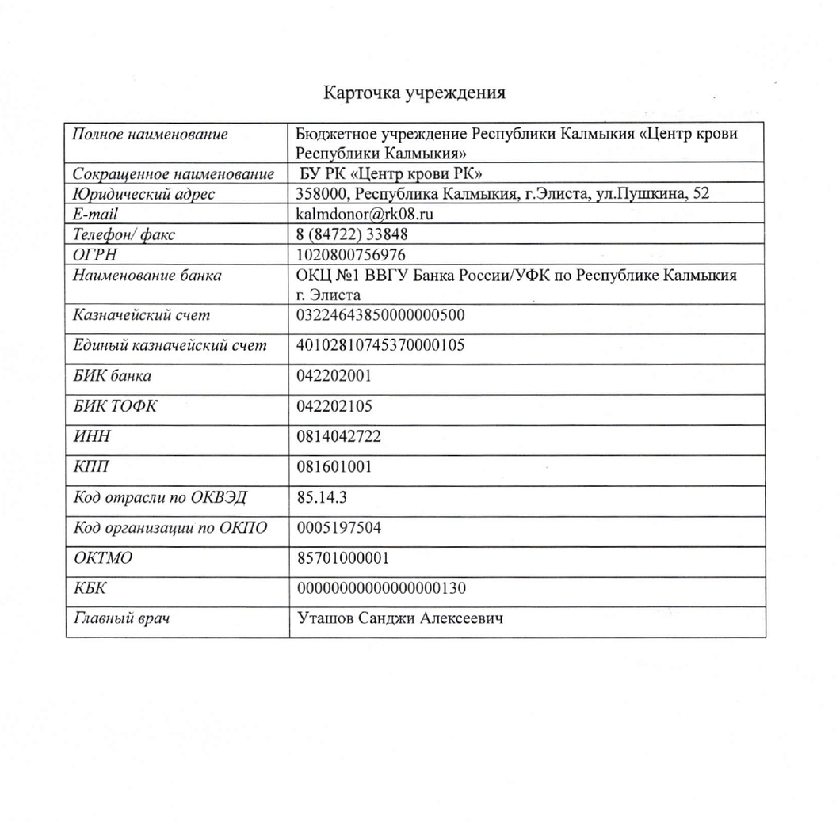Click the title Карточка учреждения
click(414, 93)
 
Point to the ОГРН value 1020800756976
click(349, 254)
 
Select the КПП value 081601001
click(334, 467)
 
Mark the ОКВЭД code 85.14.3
click(322, 498)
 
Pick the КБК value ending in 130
click(380, 588)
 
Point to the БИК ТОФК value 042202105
click(334, 406)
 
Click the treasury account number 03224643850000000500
click(380, 315)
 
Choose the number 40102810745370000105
click(380, 345)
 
